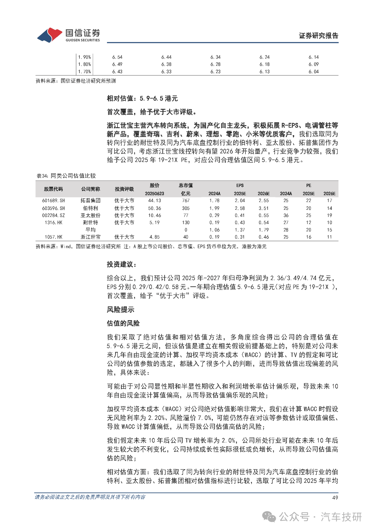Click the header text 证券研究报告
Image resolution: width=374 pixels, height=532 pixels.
(x=318, y=36)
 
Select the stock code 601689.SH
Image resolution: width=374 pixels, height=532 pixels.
(x=53, y=200)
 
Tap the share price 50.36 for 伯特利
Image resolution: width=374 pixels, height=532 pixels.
(x=155, y=208)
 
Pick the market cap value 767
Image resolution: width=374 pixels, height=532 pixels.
(x=186, y=200)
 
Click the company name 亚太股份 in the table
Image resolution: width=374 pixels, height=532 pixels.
(x=91, y=215)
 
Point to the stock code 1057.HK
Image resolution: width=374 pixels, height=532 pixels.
(x=53, y=237)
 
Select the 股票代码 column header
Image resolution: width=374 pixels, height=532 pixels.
(x=53, y=189)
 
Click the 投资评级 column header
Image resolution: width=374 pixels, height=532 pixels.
(x=124, y=189)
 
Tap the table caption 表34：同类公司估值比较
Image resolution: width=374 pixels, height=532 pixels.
(x=66, y=176)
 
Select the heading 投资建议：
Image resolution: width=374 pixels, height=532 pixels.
(x=122, y=265)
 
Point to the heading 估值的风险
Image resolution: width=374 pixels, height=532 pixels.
(x=123, y=323)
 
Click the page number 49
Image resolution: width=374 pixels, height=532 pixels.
(x=335, y=497)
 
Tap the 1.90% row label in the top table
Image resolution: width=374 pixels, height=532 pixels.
(x=84, y=57)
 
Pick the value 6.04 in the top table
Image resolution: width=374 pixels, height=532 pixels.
(x=314, y=71)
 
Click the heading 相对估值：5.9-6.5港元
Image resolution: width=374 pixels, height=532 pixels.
(x=142, y=99)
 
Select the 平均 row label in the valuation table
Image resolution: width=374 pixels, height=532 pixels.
(x=91, y=230)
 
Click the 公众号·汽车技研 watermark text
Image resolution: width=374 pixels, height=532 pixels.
(x=320, y=517)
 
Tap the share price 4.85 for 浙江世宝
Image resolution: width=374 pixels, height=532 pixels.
(x=155, y=237)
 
